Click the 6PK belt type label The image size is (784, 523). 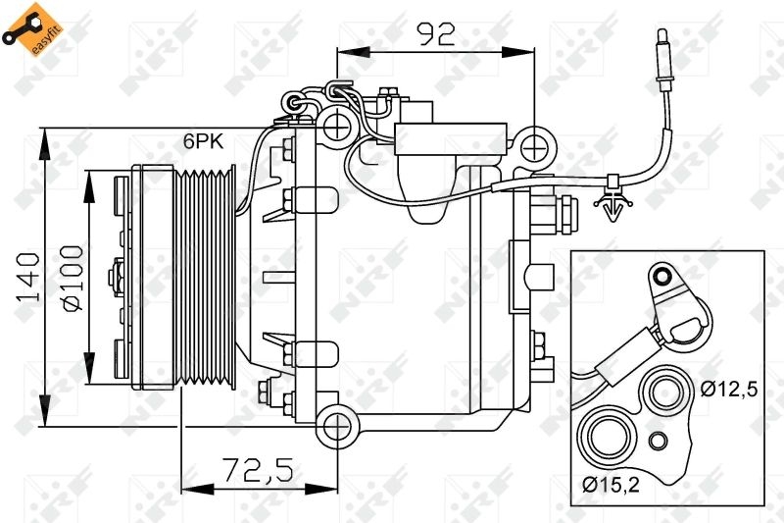[x=203, y=140]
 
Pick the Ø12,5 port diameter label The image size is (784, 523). [x=729, y=390]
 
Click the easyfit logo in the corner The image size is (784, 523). [x=27, y=27]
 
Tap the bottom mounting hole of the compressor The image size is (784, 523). [x=337, y=426]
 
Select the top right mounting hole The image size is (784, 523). [x=533, y=147]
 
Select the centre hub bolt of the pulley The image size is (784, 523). [x=119, y=278]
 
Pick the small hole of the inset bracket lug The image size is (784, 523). [x=663, y=275]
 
